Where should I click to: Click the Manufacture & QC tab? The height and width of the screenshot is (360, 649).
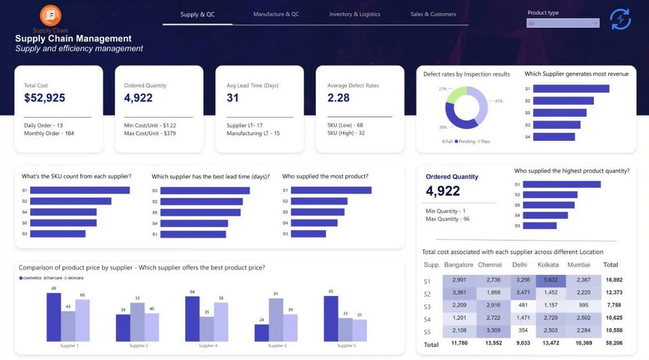276,14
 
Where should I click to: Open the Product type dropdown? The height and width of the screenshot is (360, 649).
563,23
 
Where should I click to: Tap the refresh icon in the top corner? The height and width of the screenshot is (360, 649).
620,19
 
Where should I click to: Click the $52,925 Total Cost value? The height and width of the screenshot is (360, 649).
45,98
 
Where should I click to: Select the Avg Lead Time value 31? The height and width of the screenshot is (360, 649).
233,98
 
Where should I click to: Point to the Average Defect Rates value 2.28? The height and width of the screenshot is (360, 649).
338,98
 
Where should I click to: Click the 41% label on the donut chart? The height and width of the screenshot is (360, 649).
499,101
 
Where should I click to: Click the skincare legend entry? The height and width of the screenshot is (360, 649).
73,278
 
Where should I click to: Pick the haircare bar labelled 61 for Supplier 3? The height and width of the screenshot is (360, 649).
276,320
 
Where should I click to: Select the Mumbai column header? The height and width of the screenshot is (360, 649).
578,265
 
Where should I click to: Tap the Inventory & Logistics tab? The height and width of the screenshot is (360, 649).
355,14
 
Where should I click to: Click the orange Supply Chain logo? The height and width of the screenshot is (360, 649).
50,15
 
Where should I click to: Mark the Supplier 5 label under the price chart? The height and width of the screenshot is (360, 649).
346,346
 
